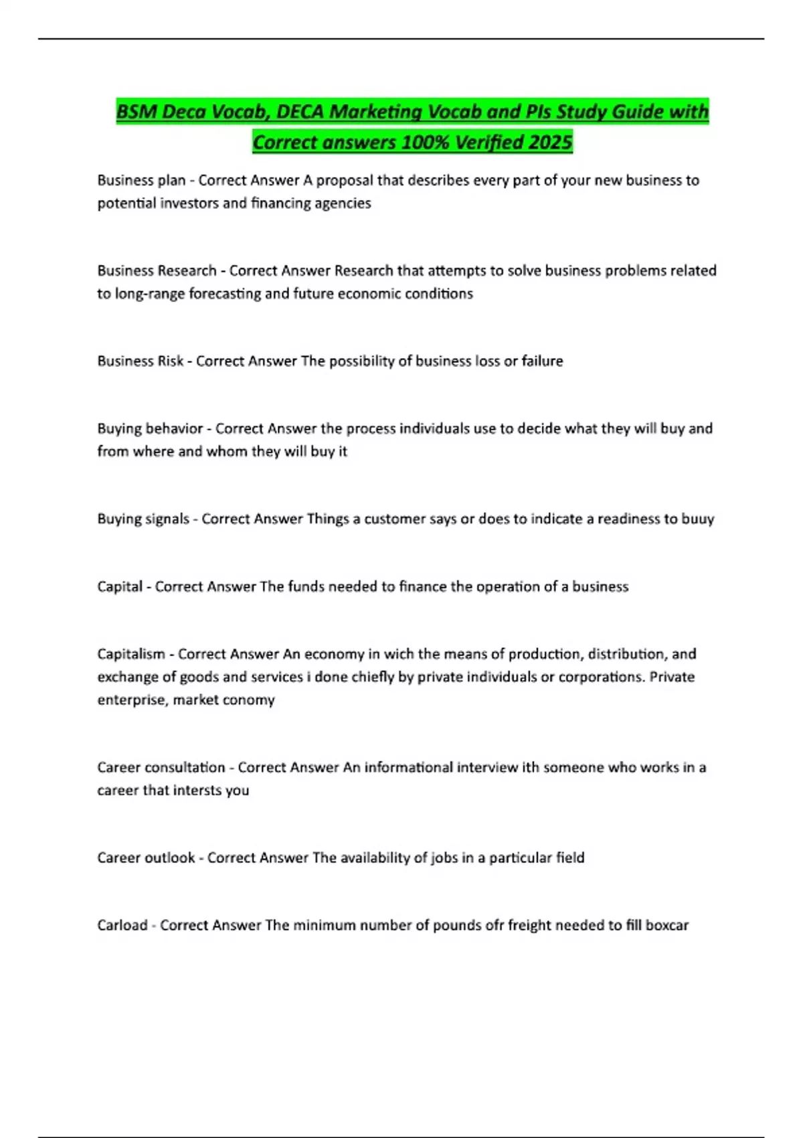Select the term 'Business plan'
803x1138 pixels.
tap(141, 180)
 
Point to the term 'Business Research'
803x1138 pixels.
tap(157, 270)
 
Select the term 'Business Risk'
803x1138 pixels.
tap(140, 361)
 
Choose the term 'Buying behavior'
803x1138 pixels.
tap(150, 428)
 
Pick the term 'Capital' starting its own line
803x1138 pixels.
tap(120, 586)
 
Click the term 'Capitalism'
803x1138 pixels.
tap(130, 654)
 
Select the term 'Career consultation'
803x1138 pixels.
tap(161, 767)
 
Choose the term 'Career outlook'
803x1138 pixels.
tap(146, 858)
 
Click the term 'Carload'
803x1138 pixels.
tap(122, 925)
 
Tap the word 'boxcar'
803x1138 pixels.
tap(666, 925)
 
